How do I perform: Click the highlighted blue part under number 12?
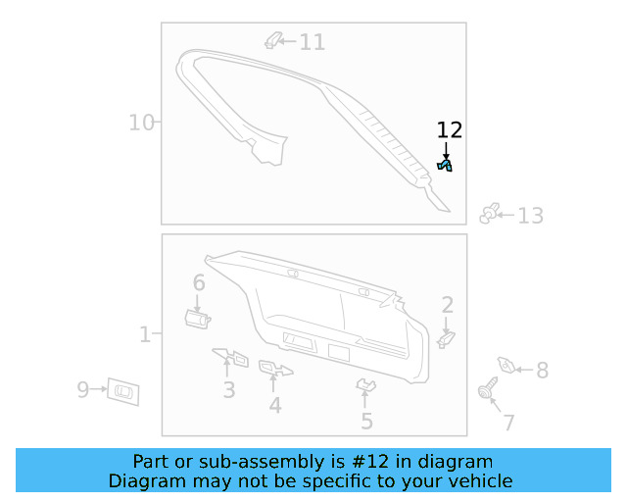click(445, 165)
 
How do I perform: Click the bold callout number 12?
click(450, 130)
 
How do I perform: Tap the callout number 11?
click(312, 42)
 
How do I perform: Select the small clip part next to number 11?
click(273, 40)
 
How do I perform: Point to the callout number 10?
click(141, 123)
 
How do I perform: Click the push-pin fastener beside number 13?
click(490, 214)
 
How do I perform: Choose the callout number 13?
click(531, 216)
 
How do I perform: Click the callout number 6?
click(199, 282)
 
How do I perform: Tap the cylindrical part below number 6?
click(197, 319)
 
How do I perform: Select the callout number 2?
click(448, 305)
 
